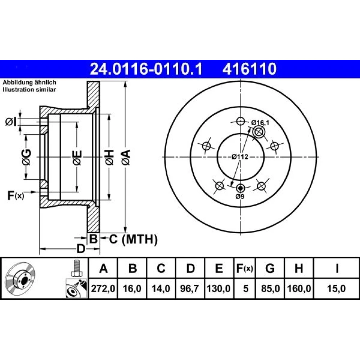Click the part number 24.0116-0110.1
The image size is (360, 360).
coord(146,69)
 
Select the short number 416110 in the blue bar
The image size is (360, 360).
coord(249,69)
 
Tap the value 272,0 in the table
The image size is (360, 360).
coord(103,288)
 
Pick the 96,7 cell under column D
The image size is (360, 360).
coord(189,288)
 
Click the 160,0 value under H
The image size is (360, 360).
coord(299,288)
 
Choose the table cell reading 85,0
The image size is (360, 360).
coord(270,288)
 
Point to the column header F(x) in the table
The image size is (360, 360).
coord(244,268)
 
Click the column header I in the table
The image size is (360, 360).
coord(337,268)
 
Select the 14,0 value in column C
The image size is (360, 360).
coord(161,288)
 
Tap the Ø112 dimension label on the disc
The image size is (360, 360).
coord(240,157)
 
